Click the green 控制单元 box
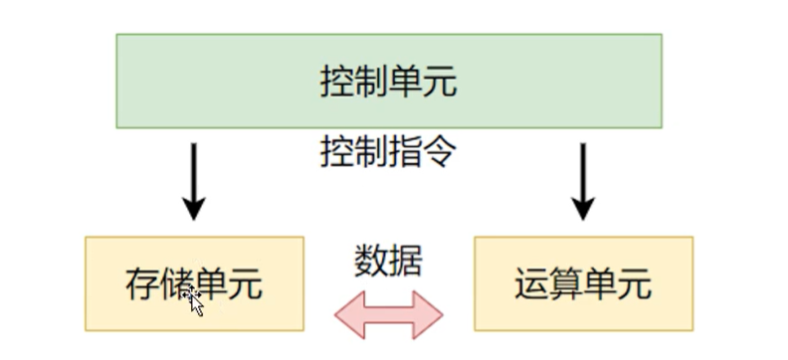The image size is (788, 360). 388,81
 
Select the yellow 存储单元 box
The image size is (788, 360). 194,283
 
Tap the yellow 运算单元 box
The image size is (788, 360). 583,283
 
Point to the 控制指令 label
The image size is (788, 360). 388,152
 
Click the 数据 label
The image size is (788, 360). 388,261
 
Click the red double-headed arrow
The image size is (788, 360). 389,314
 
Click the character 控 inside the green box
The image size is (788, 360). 337,82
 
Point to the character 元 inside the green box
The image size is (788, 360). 440,82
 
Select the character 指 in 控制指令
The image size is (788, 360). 405,152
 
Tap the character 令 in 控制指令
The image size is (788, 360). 440,152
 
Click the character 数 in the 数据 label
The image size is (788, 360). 371,261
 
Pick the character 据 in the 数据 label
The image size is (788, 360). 406,261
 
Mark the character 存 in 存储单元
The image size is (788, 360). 143,284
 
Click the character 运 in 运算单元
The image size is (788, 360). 532,284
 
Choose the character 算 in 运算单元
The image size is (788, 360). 566,284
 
